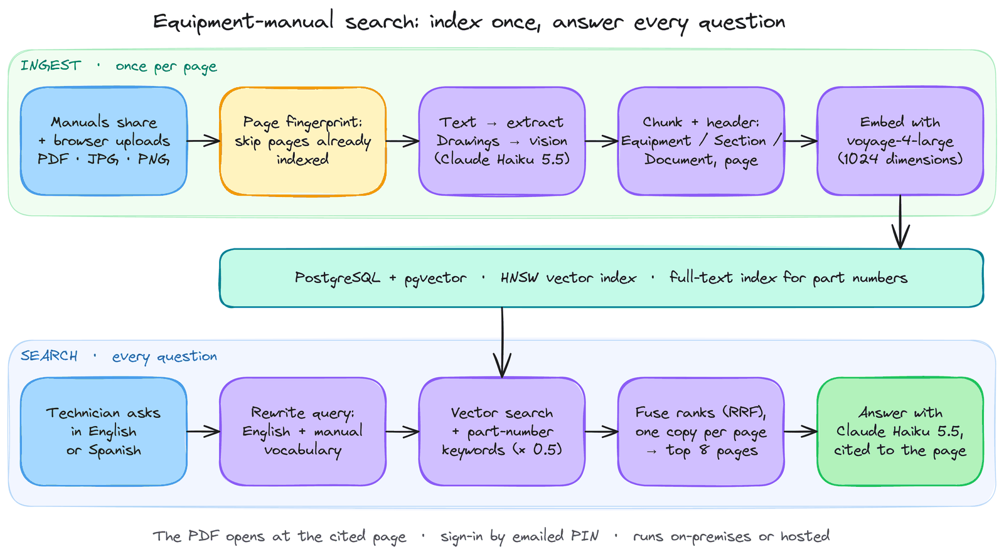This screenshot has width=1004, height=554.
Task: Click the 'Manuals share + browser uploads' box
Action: coord(104,141)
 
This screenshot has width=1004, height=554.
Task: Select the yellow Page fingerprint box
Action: coord(303,141)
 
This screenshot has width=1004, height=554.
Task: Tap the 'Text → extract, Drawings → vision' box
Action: coord(502,141)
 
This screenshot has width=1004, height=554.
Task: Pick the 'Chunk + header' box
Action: coord(701,141)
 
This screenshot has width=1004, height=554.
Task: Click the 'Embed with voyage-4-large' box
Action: coord(900,141)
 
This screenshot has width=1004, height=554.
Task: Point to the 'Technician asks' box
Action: coord(104,432)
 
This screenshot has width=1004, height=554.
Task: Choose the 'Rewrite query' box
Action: coord(303,432)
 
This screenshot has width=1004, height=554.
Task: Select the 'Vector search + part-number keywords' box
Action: coord(502,432)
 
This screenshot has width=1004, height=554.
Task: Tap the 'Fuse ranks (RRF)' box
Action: coord(701,432)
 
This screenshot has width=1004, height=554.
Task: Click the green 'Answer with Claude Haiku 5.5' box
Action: coord(900,432)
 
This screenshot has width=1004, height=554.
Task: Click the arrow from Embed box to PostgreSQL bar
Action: coord(900,222)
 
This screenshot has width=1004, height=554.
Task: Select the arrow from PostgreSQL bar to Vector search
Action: coord(503,343)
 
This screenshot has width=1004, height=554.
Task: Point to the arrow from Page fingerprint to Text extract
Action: coord(402,141)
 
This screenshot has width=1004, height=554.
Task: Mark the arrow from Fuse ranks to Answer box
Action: coord(801,432)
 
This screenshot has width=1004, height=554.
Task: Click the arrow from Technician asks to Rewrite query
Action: coord(203,432)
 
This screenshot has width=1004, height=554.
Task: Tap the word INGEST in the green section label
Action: coord(51,66)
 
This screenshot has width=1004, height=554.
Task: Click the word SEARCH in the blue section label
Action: coord(49,356)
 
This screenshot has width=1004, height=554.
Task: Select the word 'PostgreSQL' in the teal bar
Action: coord(337,278)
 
